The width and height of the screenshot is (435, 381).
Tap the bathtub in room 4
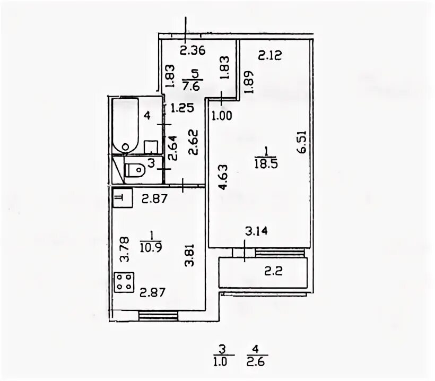click(125, 125)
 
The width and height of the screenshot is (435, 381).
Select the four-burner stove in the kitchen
click(124, 282)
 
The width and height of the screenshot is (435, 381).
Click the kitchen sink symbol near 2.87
click(123, 198)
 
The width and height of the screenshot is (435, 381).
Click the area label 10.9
click(151, 247)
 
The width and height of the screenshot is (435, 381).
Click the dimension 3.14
click(256, 231)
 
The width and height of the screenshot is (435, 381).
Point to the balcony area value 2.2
click(273, 271)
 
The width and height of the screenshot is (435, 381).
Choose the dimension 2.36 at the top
click(193, 51)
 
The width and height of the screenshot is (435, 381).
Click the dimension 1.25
click(182, 108)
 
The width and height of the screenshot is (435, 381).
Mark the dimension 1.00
click(222, 116)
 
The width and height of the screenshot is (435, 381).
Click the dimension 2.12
click(270, 55)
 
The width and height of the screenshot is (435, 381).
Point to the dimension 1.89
click(248, 82)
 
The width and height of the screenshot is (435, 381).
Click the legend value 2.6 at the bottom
click(256, 362)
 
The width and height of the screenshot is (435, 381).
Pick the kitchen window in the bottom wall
click(158, 316)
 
